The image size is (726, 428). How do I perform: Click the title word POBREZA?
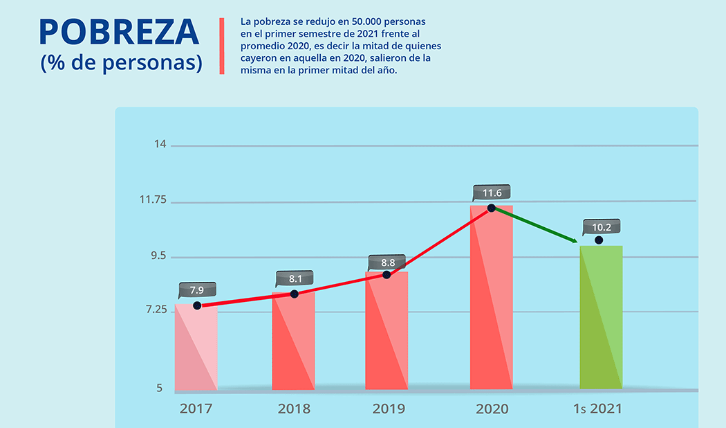pos(119,33)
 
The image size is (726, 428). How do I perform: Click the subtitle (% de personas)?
pos(121,62)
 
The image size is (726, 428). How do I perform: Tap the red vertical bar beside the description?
pos(222,46)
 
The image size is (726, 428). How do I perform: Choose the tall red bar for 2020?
pos(491,298)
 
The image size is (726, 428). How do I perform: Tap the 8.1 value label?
pos(295,278)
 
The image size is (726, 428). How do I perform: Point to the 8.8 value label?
pos(388,262)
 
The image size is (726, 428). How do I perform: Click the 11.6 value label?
pos(492,193)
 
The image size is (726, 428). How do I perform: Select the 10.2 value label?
pos(602,226)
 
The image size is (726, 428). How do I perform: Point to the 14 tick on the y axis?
pos(160,144)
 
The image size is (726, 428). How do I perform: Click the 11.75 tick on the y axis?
pos(153,199)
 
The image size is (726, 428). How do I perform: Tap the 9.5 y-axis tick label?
pos(158,256)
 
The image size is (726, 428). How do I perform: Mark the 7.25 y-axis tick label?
pos(156,310)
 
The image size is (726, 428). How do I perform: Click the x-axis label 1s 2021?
pos(597,409)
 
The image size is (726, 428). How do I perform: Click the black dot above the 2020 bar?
pos(491,208)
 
